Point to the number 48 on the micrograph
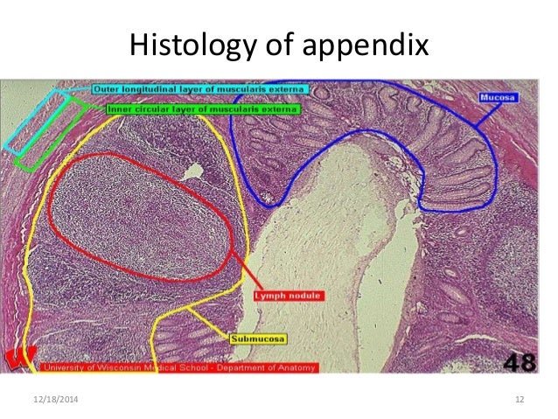tap(521, 358)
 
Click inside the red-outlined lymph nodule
tap(140, 219)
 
